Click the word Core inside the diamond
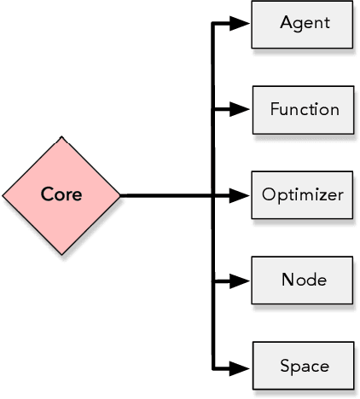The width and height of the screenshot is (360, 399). point(61,194)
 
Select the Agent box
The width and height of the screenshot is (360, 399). point(302,24)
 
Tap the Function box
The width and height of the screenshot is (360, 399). point(302,109)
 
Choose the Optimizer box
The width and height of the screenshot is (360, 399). point(302,194)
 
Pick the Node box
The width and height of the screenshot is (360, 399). point(302,280)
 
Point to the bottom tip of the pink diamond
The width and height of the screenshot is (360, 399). point(61,254)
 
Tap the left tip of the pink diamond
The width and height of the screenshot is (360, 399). point(3,195)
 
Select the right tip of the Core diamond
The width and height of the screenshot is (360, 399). point(119,195)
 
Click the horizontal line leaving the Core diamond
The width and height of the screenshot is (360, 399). point(166,195)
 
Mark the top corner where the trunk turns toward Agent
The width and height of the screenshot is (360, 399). point(213,24)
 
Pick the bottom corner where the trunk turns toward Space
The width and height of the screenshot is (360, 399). point(213,369)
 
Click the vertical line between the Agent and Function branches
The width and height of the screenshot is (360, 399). point(213,66)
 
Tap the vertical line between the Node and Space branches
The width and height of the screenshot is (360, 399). point(213,324)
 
